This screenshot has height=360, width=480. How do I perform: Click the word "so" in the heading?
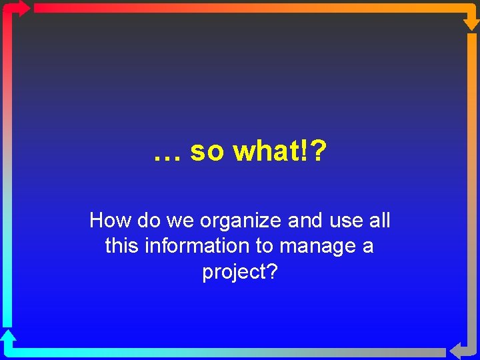pyautogui.click(x=208, y=152)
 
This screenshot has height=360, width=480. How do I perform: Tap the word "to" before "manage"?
pyautogui.click(x=264, y=247)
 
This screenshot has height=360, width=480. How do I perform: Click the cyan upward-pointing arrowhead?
pyautogui.click(x=8, y=337)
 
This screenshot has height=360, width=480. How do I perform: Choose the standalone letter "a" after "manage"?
pyautogui.click(x=367, y=247)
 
